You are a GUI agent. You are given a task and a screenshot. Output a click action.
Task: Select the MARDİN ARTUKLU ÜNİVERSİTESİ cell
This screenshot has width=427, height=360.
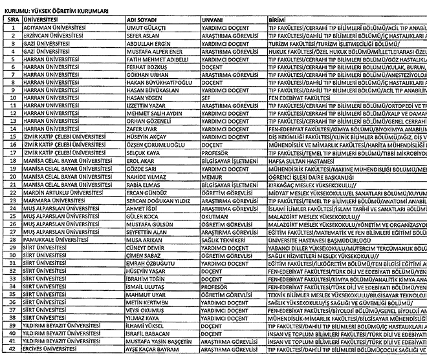tap(63, 192)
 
